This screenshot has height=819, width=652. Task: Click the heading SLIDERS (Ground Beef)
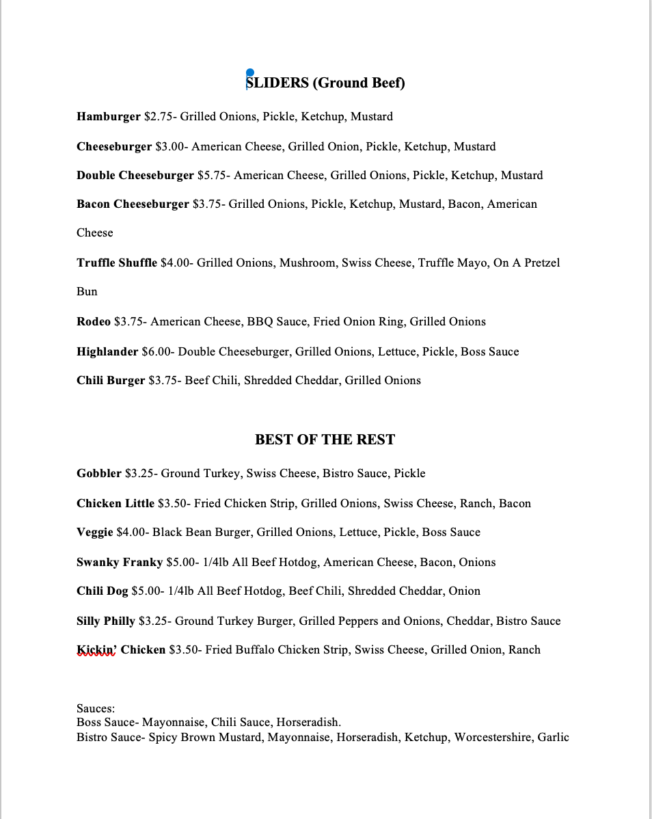tap(326, 83)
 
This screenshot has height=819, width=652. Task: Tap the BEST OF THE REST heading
tap(325, 440)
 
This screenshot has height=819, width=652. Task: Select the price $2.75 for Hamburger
tap(159, 117)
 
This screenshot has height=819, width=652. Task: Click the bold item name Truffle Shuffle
tap(117, 263)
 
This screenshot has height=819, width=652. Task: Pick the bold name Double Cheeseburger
tap(135, 176)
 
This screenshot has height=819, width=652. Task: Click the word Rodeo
tap(94, 322)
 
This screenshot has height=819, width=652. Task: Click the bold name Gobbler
tap(99, 474)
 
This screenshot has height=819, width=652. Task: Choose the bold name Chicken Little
tap(116, 504)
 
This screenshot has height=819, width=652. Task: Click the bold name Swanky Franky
tap(120, 563)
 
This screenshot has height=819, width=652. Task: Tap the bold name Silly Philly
tap(106, 621)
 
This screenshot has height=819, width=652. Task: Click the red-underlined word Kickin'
tap(96, 650)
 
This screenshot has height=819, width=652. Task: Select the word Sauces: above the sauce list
tap(96, 709)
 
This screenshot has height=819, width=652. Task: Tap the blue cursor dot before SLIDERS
tap(250, 73)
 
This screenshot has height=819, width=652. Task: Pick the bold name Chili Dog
tap(103, 591)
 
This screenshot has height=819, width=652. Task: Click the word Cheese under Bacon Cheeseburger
tap(95, 233)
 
